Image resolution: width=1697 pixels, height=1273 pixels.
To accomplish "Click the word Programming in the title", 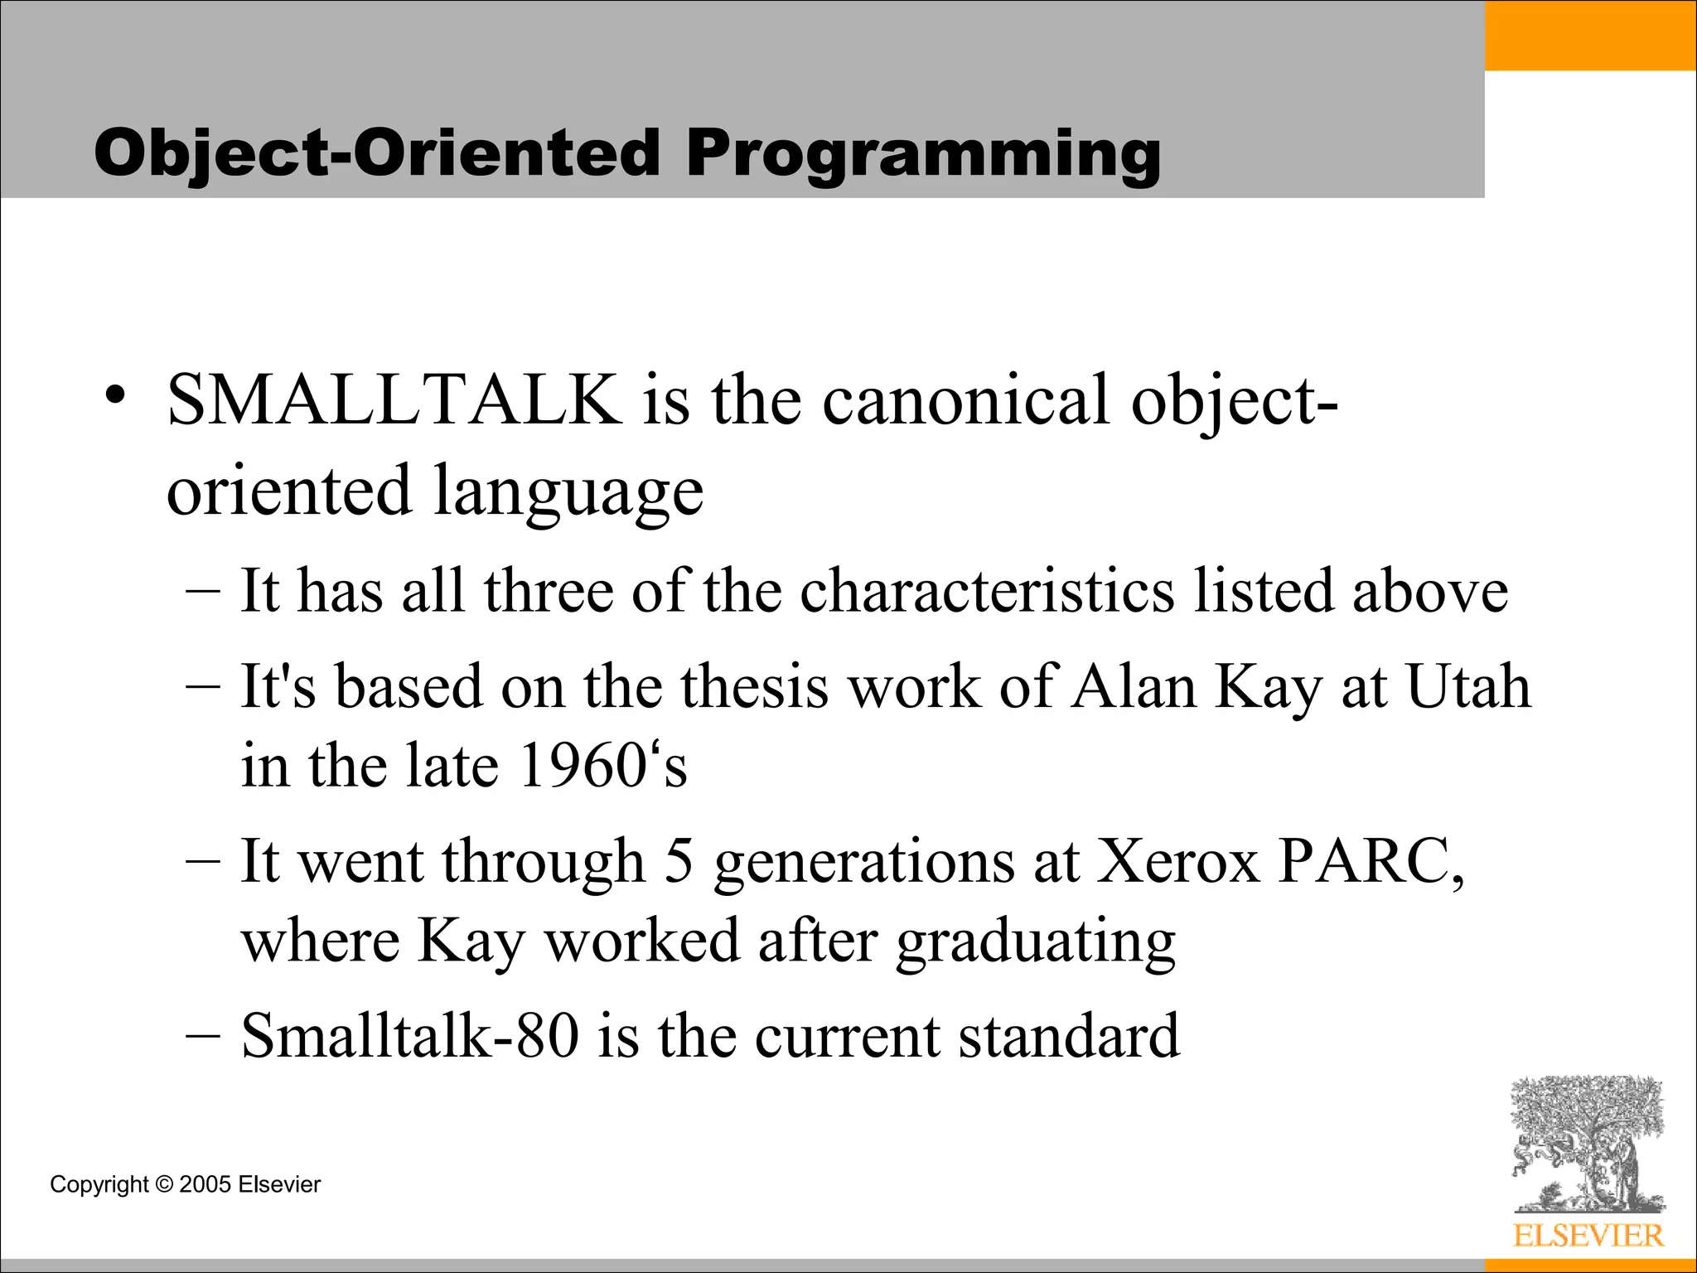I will [x=923, y=154].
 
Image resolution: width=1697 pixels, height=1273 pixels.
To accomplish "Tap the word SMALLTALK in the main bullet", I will [x=394, y=400].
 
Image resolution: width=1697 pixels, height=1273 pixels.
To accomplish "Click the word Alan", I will [x=1134, y=687].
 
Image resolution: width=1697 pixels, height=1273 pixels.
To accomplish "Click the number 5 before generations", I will [x=679, y=862].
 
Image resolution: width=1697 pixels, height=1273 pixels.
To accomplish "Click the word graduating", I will [x=1036, y=942].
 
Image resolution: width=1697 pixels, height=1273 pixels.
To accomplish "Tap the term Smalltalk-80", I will [x=409, y=1036].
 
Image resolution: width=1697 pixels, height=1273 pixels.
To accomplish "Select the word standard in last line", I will [x=1069, y=1036].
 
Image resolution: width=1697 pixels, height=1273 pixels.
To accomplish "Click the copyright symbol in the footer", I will [x=164, y=1185].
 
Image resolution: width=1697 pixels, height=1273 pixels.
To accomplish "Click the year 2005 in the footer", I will [x=205, y=1185].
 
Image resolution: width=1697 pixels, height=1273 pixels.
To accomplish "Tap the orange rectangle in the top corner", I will [x=1590, y=35].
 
